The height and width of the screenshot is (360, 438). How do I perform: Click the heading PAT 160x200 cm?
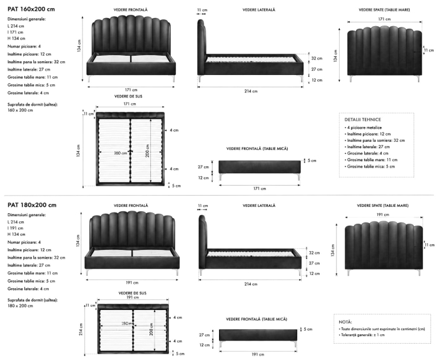31,9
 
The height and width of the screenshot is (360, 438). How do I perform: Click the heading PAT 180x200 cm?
31,205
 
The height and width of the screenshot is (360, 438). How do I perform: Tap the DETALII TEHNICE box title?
362,119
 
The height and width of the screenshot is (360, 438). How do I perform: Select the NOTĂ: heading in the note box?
345,322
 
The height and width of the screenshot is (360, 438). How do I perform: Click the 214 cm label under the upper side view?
251,91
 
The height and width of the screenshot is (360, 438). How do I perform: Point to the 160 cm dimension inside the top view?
120,153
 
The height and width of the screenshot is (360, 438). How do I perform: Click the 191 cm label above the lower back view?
383,214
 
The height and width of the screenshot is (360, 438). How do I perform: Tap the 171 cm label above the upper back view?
384,19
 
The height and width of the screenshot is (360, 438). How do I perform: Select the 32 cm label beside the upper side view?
317,58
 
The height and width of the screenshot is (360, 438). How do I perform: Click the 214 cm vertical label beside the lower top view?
81,329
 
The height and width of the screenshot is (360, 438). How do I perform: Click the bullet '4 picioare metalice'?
364,127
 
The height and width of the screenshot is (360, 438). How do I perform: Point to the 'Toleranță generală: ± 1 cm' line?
362,335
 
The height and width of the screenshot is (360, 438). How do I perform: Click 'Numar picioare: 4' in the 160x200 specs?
24,46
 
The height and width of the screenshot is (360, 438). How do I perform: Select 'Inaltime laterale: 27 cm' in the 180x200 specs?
29,265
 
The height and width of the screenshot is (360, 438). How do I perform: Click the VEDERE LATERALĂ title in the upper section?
258,10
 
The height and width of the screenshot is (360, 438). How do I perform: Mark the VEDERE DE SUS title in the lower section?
133,293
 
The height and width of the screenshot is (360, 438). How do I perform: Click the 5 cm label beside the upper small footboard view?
312,161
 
